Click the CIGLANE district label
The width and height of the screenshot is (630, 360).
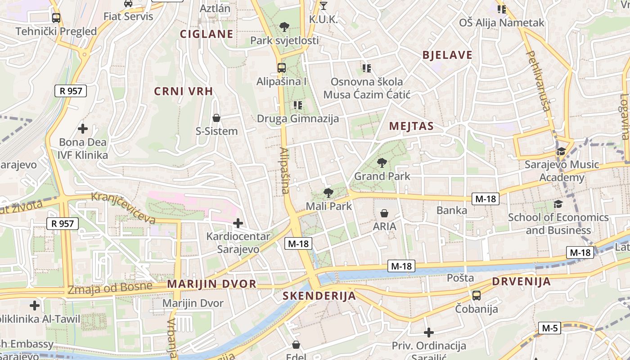[x=207, y=34]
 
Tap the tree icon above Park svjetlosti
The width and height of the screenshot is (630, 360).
[x=284, y=27]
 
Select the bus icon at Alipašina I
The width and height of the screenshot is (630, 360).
[x=282, y=68]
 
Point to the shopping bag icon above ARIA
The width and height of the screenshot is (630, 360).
[x=384, y=213]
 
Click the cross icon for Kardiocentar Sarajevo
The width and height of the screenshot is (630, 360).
[x=238, y=223]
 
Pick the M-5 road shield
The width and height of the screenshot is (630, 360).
[x=550, y=328]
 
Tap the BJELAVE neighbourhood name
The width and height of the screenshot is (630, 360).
[x=447, y=55]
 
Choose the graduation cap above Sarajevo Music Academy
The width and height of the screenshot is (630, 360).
[x=561, y=151]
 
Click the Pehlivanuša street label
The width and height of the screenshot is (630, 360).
[x=539, y=81]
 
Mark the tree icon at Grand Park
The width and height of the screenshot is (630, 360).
[x=382, y=162]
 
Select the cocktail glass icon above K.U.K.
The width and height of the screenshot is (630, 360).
[x=323, y=6]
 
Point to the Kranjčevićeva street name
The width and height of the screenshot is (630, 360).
[x=123, y=208]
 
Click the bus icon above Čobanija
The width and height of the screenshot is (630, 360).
[x=476, y=296]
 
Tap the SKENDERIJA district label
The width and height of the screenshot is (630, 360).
[x=319, y=296]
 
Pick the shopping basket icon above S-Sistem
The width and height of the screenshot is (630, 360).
[x=216, y=118]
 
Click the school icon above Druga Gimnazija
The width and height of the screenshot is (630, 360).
[x=297, y=105]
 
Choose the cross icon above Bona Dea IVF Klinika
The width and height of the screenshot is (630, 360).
[x=83, y=129]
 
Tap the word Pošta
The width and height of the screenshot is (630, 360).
[x=460, y=278]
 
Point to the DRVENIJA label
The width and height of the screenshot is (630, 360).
[x=521, y=282]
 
